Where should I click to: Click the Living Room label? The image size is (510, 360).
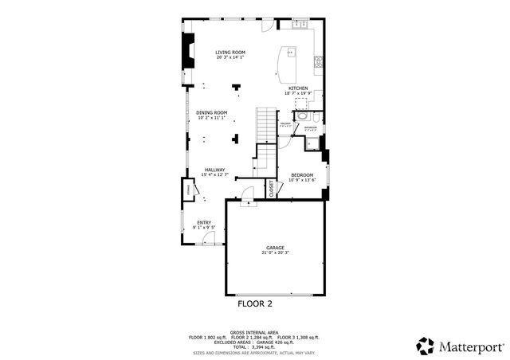[x=229, y=53]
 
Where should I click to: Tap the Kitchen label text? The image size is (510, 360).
[x=298, y=88]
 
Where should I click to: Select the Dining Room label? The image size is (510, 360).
[x=212, y=112]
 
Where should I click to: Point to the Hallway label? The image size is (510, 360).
[x=214, y=170]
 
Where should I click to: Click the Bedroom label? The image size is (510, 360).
[x=302, y=175]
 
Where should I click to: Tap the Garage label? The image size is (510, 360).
[x=275, y=248]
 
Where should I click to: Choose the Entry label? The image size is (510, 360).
[x=204, y=223]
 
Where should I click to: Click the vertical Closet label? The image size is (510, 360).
[x=272, y=189]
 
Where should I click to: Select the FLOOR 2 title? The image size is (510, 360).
[x=255, y=303]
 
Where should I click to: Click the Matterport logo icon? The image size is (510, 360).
[x=426, y=346]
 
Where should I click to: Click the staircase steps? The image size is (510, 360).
[x=265, y=123]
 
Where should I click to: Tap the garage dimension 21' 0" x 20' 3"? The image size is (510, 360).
[x=275, y=254]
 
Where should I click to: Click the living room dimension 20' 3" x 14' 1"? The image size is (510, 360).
[x=229, y=58]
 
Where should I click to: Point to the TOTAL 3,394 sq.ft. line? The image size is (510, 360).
[x=254, y=347]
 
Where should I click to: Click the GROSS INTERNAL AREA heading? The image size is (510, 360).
[x=254, y=332]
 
